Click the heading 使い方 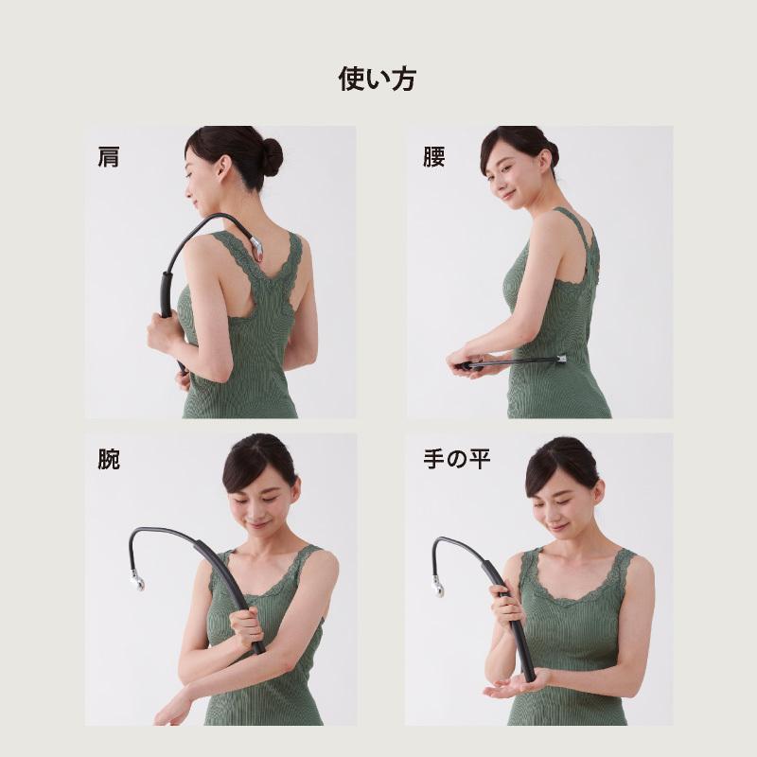377,79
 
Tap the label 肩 109,157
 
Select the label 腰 433,157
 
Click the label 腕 109,459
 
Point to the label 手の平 457,459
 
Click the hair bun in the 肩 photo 272,157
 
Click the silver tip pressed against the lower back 561,360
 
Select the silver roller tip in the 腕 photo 137,583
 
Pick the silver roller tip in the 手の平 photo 438,588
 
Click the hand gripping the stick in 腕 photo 248,627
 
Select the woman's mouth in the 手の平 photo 558,526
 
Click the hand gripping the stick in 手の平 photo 505,605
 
